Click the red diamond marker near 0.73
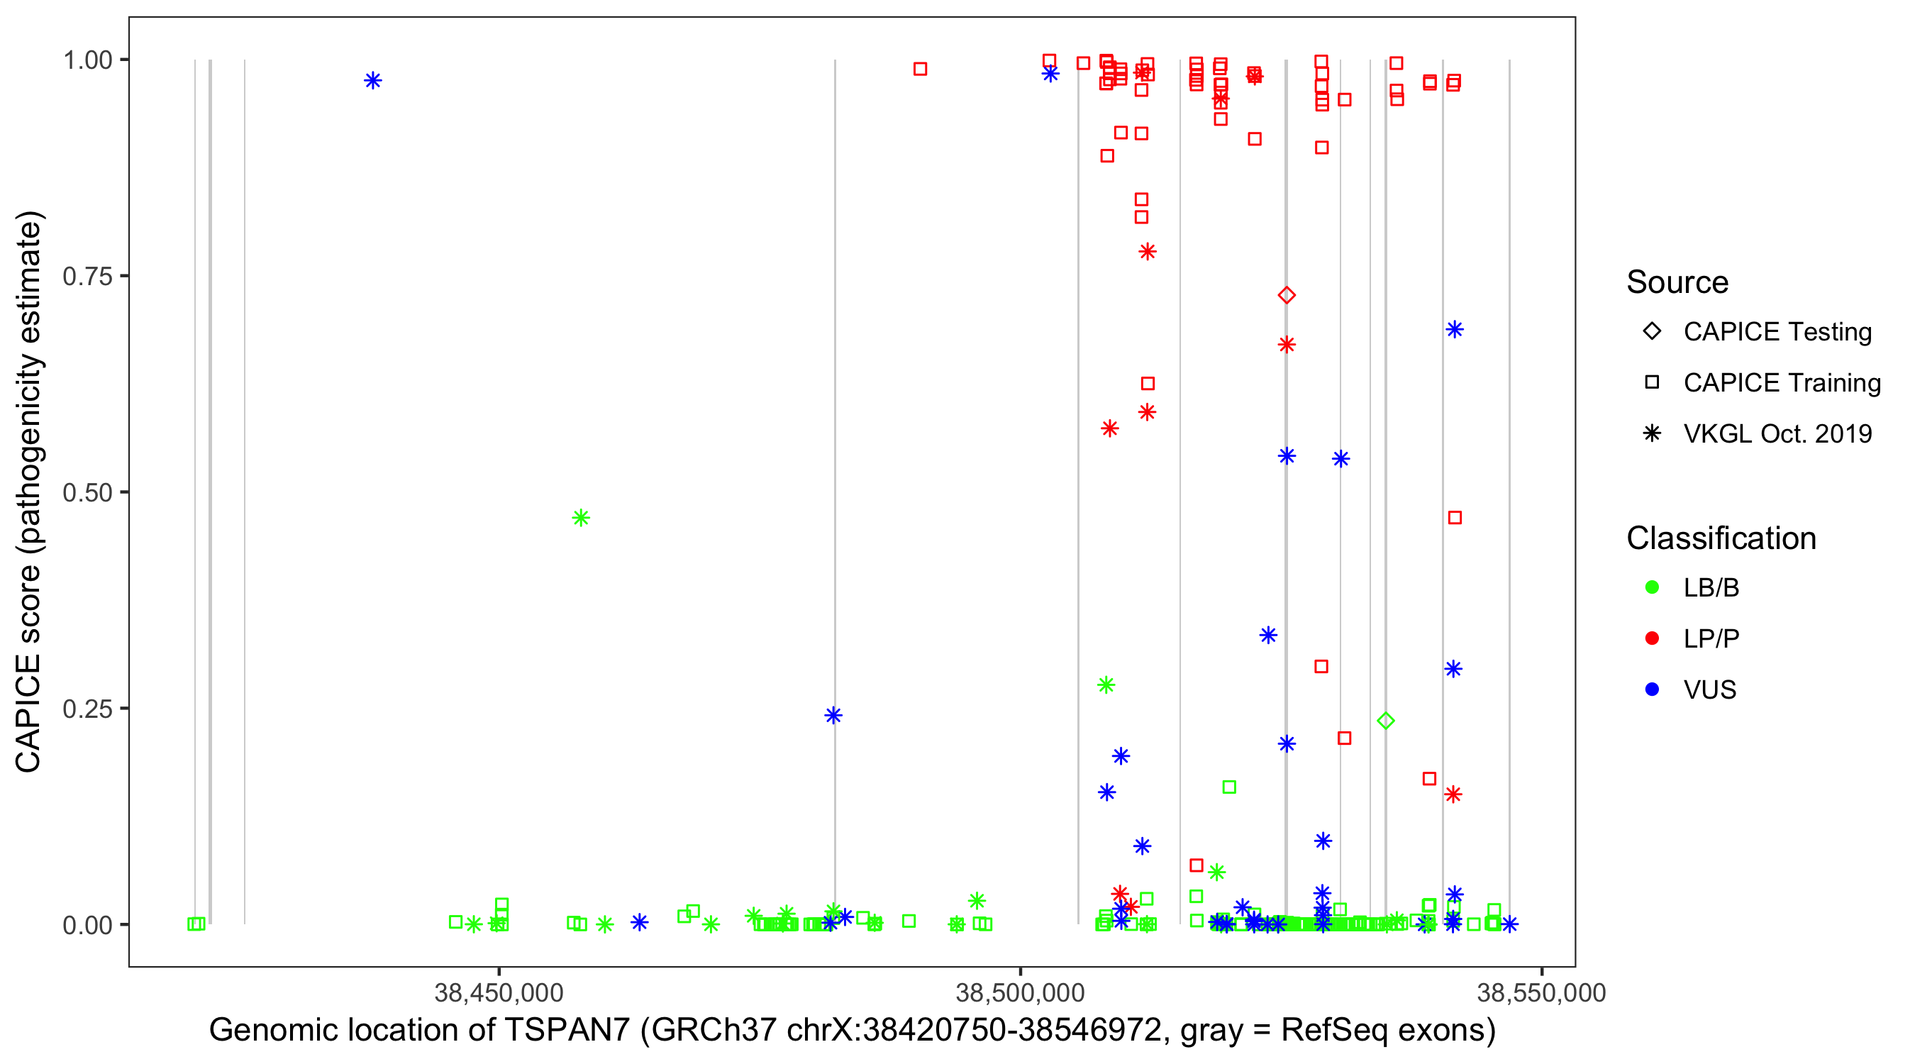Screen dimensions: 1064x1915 (x=1286, y=295)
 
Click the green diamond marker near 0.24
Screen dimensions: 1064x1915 (x=1385, y=721)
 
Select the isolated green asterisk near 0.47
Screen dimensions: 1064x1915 (x=581, y=518)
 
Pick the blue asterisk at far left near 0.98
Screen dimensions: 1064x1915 (x=372, y=80)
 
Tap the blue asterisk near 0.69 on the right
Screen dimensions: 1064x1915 (x=1454, y=329)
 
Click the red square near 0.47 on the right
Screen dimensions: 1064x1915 (x=1455, y=518)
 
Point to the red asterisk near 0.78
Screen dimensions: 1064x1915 (x=1147, y=252)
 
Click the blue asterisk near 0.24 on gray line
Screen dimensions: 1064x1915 (x=833, y=715)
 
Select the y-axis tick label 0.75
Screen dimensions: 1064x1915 (x=87, y=277)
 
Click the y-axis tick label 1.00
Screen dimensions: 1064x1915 (x=87, y=60)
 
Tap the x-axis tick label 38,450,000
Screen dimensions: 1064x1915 (x=499, y=992)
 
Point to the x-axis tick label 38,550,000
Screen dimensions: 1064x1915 (x=1541, y=992)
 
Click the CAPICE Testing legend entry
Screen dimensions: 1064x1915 (x=1777, y=332)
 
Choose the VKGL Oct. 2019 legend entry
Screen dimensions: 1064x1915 (x=1777, y=433)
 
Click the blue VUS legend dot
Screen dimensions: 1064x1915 (x=1652, y=689)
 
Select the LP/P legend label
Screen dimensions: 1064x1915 (x=1711, y=638)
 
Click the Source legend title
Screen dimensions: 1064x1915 (x=1677, y=282)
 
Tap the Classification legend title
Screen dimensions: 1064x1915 (x=1721, y=538)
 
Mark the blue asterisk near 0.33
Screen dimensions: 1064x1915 (x=1268, y=635)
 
